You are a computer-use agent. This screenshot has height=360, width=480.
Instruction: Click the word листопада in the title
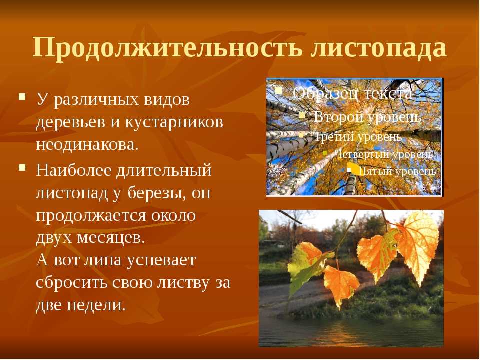[x=378, y=48]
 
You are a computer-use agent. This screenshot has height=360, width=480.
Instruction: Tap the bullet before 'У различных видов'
[x=22, y=97]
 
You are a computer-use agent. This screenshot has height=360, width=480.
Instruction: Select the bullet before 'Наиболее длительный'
[x=22, y=168]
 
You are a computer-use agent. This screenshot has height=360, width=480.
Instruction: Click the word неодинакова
[x=87, y=144]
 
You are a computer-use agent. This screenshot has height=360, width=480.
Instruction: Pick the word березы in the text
[x=156, y=193]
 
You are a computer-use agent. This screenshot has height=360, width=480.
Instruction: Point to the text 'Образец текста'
[x=352, y=93]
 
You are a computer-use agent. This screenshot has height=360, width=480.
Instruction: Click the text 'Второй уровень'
[x=367, y=117]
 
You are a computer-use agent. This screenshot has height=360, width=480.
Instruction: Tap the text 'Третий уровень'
[x=358, y=136]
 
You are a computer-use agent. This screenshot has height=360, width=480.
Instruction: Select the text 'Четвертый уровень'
[x=383, y=154]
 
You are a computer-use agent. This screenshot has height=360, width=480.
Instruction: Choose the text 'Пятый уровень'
[x=397, y=171]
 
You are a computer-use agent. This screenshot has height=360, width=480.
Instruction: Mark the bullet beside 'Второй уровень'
[x=302, y=115]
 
